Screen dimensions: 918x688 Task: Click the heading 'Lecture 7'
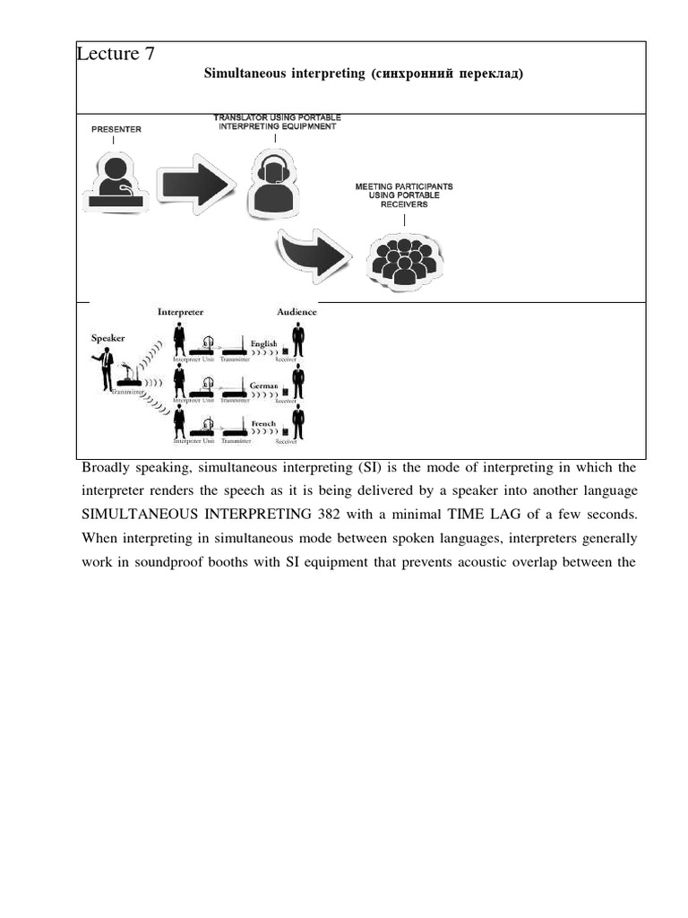click(x=116, y=54)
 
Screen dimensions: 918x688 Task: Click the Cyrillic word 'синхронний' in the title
click(x=409, y=74)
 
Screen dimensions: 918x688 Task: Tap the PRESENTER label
click(x=116, y=129)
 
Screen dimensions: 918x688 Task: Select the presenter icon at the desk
click(x=116, y=183)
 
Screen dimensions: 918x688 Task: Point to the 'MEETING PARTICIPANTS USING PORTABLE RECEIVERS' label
click(x=404, y=195)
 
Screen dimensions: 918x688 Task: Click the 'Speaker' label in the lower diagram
click(x=108, y=338)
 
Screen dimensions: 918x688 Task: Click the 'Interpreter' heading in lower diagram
click(x=180, y=312)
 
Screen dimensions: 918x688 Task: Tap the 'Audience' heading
click(x=297, y=312)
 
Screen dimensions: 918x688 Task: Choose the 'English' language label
click(x=263, y=344)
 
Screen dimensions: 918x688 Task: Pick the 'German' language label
click(x=263, y=384)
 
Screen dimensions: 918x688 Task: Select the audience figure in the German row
click(x=298, y=381)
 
